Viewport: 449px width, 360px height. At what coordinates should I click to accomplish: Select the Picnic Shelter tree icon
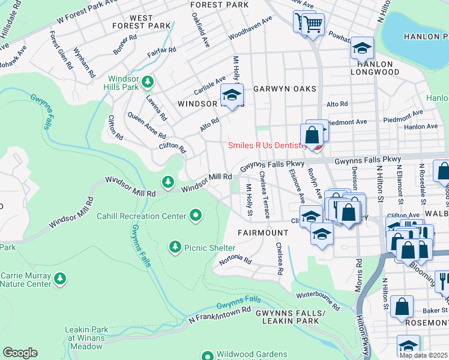coord(175,246)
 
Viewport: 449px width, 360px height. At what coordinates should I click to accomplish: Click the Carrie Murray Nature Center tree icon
coord(60,278)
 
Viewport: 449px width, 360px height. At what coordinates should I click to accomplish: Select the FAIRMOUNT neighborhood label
coord(262,232)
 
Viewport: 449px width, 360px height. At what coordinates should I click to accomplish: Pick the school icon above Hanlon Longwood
coord(362,47)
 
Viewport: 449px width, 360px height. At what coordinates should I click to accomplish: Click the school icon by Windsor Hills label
coord(232,94)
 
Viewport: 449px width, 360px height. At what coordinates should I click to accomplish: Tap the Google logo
coord(20,353)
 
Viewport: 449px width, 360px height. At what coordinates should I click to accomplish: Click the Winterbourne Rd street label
coord(318,298)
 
